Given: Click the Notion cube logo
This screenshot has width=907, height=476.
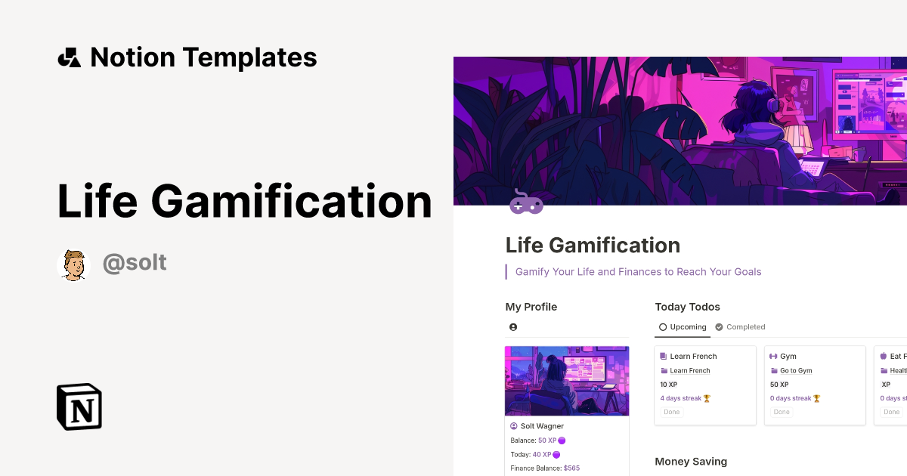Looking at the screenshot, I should pyautogui.click(x=79, y=406).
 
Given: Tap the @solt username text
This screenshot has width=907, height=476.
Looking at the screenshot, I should pyautogui.click(x=135, y=263).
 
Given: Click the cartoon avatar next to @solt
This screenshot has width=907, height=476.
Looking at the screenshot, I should pyautogui.click(x=73, y=264).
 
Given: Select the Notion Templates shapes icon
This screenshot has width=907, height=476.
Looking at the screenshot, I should pyautogui.click(x=69, y=57).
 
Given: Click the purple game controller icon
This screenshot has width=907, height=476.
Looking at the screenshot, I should pyautogui.click(x=526, y=202).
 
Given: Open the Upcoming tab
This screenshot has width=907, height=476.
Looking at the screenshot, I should pyautogui.click(x=683, y=327).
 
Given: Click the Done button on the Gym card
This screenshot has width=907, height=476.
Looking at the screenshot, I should pyautogui.click(x=782, y=412).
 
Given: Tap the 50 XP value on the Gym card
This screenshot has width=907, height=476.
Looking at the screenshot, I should pyautogui.click(x=779, y=385).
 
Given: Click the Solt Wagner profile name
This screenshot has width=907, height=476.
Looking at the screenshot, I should pyautogui.click(x=542, y=426).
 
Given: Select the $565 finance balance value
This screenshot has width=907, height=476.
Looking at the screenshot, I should pyautogui.click(x=571, y=468).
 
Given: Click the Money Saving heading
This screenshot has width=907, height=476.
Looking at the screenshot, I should pyautogui.click(x=691, y=462).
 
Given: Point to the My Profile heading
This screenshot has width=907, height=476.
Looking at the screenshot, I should pyautogui.click(x=531, y=307).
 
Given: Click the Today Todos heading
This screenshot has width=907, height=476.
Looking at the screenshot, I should pyautogui.click(x=687, y=307).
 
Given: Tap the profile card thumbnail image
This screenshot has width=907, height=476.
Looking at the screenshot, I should pyautogui.click(x=567, y=381).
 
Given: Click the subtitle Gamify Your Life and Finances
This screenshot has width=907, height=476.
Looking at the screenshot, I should pyautogui.click(x=638, y=272).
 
